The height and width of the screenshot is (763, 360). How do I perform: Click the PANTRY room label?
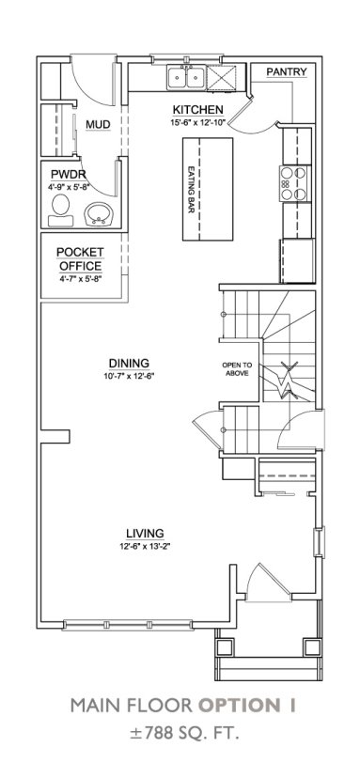(x=287, y=72)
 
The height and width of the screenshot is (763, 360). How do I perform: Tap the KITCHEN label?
(x=198, y=110)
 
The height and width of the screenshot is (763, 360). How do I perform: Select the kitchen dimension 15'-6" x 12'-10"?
(x=198, y=122)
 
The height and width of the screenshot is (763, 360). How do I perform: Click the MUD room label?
(x=98, y=125)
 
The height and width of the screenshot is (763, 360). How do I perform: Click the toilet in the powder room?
(x=61, y=210)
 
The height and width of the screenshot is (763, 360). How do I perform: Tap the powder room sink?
(x=99, y=215)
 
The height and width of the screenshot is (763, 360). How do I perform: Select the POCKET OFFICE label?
(x=80, y=259)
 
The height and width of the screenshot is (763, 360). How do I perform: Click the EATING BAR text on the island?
(x=192, y=190)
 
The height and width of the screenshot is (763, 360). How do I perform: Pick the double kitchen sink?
(x=186, y=77)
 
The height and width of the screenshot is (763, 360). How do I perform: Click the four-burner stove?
(x=295, y=183)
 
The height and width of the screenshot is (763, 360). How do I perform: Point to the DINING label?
(x=129, y=364)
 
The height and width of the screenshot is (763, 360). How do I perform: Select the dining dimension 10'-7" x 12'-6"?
(x=129, y=376)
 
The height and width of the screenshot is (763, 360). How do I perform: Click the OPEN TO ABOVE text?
(x=236, y=369)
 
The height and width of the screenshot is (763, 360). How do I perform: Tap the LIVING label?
(x=145, y=534)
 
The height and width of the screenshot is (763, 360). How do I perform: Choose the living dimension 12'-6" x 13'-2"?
(x=145, y=546)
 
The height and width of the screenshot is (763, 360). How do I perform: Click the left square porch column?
(x=226, y=647)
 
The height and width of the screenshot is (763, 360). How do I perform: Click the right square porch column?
(x=312, y=647)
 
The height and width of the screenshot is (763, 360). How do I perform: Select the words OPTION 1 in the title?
(x=247, y=706)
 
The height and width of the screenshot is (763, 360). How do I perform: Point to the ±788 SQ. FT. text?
(x=184, y=734)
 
